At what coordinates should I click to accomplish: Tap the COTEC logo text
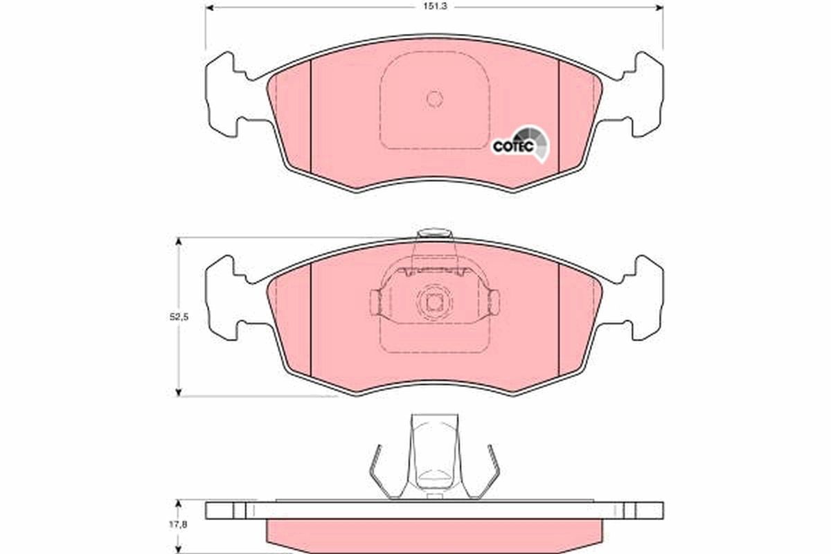[512, 146]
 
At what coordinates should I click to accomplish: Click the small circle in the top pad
[434, 99]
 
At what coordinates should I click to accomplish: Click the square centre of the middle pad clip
[434, 302]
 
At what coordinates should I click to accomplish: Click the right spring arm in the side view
[492, 471]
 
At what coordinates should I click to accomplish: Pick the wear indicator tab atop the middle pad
[434, 233]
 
